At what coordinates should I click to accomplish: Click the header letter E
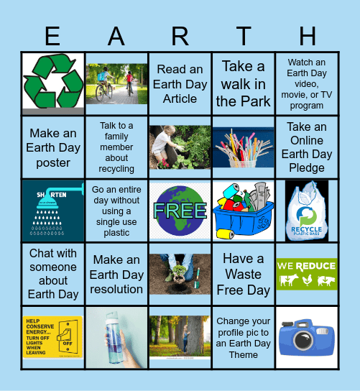tap(52, 36)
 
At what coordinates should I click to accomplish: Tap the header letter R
tap(180, 36)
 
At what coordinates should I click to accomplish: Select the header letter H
tap(307, 36)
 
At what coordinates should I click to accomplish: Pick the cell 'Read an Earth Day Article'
tap(180, 83)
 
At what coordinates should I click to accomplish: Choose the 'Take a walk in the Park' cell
tap(243, 83)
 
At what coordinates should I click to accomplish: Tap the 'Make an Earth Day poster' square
tap(53, 147)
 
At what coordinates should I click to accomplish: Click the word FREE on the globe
tap(180, 211)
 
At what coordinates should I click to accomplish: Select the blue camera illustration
tap(306, 337)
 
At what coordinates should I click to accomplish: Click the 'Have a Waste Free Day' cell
tap(243, 274)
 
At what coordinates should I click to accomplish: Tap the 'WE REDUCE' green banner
tap(306, 274)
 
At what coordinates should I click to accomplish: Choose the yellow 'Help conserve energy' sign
tap(53, 337)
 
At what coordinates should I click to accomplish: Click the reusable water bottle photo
tap(116, 337)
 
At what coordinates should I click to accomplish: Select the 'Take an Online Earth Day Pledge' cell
tap(306, 147)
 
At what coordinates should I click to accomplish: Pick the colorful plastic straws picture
tap(243, 147)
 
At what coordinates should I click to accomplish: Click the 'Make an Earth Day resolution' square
tap(116, 274)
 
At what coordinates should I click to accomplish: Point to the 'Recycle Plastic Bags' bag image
tap(306, 211)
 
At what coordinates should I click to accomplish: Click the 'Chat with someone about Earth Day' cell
tap(53, 274)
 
